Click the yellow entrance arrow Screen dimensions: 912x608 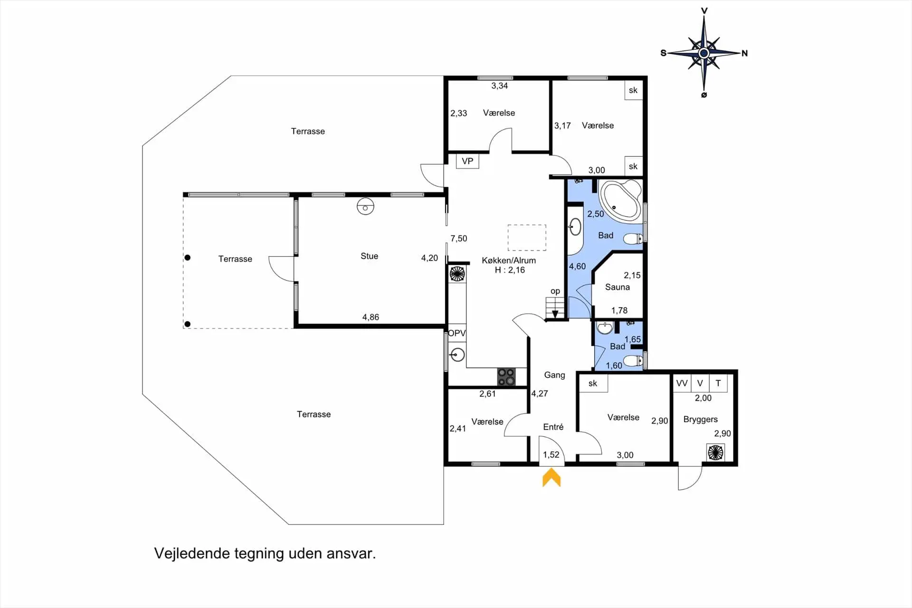pos(551,477)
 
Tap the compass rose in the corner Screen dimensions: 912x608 pos(704,53)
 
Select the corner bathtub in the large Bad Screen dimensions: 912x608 pos(621,201)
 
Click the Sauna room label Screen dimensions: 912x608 pos(617,287)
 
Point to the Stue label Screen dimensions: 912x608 pos(370,256)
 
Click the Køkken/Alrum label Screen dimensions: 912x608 pos(509,261)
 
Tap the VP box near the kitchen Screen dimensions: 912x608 pos(467,161)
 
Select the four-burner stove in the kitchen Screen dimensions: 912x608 pos(506,376)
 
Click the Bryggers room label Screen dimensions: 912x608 pos(700,419)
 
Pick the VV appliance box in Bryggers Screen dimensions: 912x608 pos(682,383)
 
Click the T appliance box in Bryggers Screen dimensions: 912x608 pos(718,383)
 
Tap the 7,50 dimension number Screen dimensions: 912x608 pos(459,239)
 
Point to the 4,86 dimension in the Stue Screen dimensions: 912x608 pos(370,317)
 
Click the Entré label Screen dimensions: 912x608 pos(553,427)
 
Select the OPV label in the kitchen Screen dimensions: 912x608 pos(457,333)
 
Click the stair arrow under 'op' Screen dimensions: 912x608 pos(555,314)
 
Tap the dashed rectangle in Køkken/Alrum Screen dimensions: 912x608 pos(527,238)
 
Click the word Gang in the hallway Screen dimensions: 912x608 pos(554,375)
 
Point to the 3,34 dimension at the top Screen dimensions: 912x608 pos(500,86)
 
